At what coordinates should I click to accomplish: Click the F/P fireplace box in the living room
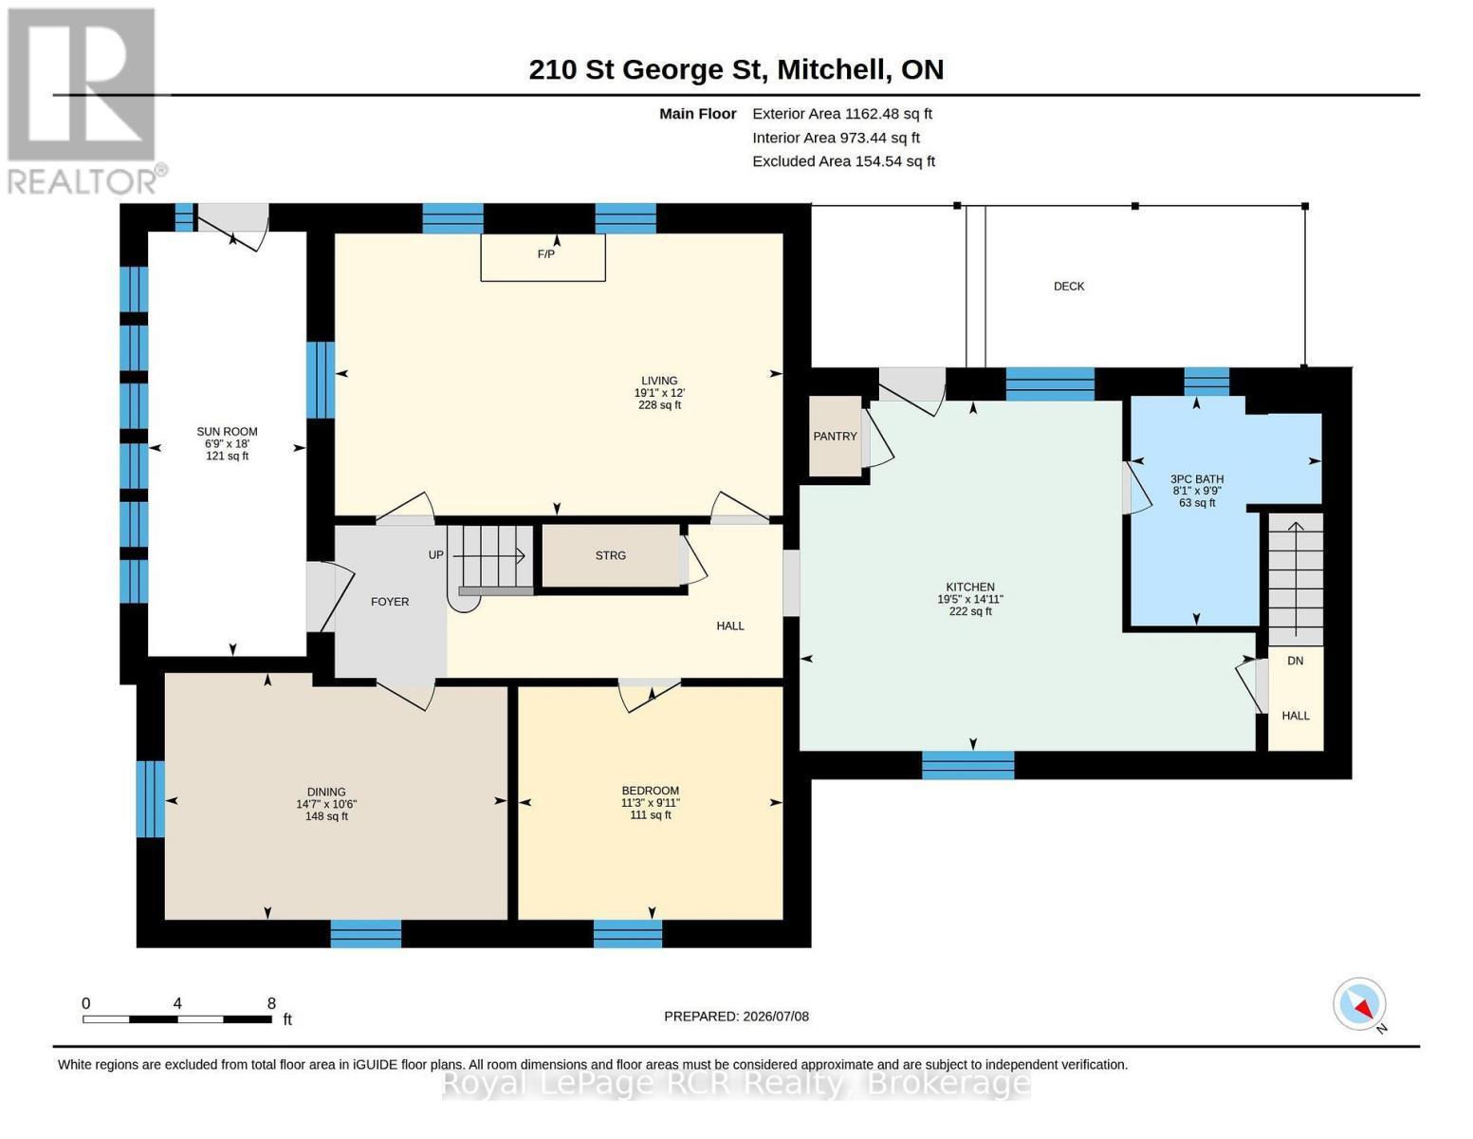(x=543, y=257)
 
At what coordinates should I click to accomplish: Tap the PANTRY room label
(x=835, y=437)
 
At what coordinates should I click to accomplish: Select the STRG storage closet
(x=610, y=555)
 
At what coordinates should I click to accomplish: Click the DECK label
(x=1068, y=287)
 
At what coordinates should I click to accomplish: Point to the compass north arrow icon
(x=1359, y=1004)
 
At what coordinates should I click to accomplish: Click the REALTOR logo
(x=84, y=102)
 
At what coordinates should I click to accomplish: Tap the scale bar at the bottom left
(x=177, y=1018)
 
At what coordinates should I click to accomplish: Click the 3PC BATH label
(x=1196, y=479)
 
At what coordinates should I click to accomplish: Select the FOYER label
(x=390, y=602)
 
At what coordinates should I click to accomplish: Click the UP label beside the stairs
(x=436, y=555)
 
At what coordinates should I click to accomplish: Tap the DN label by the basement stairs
(x=1295, y=661)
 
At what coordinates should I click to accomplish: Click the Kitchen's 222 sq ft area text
(x=970, y=611)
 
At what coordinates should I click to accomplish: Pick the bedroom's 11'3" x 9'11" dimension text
(x=650, y=803)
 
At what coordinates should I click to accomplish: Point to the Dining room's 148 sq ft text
(x=326, y=816)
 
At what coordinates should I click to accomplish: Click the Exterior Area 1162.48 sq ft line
(x=842, y=114)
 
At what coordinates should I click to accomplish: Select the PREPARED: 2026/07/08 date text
(x=736, y=1017)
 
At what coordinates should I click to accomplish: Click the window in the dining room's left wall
(x=151, y=799)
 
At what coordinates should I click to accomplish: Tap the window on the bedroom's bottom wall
(x=628, y=933)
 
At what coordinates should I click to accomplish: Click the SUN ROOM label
(x=227, y=432)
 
